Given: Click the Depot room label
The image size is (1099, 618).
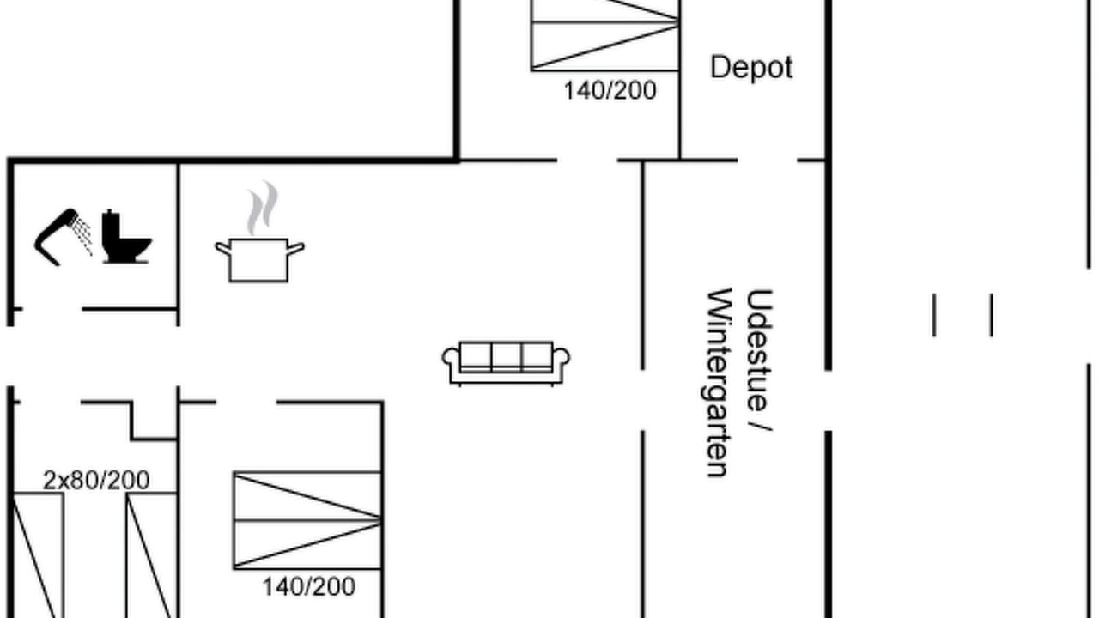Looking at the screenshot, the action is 751,68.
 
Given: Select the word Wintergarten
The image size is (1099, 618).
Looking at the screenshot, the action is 720,383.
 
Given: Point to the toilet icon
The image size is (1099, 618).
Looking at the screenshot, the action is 126,237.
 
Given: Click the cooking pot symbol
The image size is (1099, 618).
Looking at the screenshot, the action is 259,260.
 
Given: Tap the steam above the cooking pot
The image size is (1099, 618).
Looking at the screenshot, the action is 262,208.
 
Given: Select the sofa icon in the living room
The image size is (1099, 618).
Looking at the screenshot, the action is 506,363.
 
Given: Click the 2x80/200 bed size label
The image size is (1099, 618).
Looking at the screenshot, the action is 96,480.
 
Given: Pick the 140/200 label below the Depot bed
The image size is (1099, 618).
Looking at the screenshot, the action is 610,91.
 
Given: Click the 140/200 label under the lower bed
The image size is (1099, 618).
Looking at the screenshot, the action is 308,586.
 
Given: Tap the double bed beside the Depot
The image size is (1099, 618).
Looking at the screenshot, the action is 605,35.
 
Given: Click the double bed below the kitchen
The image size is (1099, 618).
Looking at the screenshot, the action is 307,520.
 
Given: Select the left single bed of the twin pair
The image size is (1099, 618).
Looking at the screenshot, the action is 37,555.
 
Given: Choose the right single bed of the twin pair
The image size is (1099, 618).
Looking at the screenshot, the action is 151,555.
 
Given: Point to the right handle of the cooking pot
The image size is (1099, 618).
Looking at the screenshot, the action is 295,248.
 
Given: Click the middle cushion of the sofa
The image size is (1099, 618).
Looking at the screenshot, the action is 506,356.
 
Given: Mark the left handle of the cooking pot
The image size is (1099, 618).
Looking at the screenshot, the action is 223,248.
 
